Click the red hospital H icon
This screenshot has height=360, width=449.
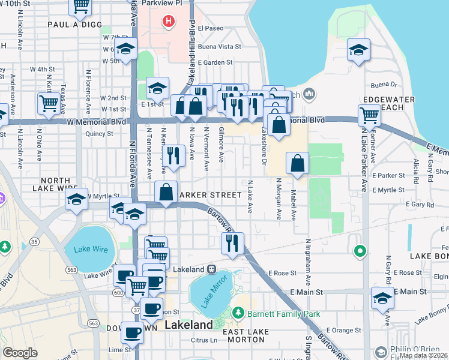pyautogui.click(x=169, y=22)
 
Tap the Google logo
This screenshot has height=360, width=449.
pyautogui.click(x=20, y=353)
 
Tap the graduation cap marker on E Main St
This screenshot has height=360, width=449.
pyautogui.click(x=382, y=297)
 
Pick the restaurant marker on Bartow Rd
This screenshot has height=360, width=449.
pyautogui.click(x=232, y=242)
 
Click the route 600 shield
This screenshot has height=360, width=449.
pyautogui.click(x=115, y=292)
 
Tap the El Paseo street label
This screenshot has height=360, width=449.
pyautogui.click(x=214, y=28)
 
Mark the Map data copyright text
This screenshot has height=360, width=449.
pyautogui.click(x=423, y=355)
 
